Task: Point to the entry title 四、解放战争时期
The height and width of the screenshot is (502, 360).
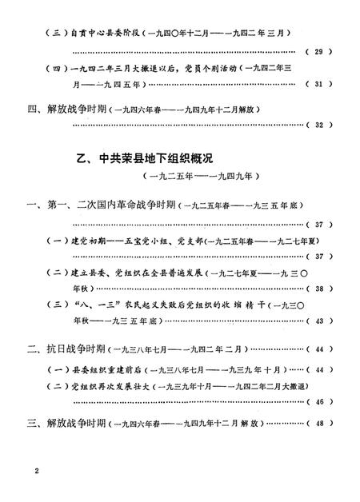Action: tap(65, 108)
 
